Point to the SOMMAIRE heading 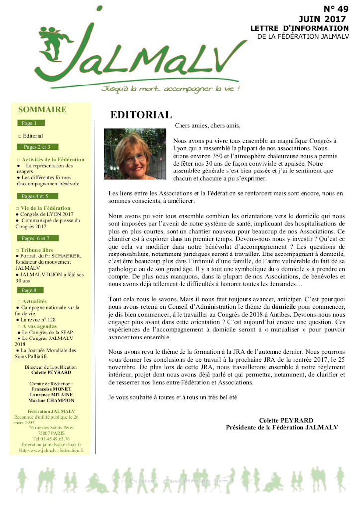42,110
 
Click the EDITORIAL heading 141,115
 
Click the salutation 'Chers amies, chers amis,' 207,126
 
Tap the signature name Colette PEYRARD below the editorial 286,420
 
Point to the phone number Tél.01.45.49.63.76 51,439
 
